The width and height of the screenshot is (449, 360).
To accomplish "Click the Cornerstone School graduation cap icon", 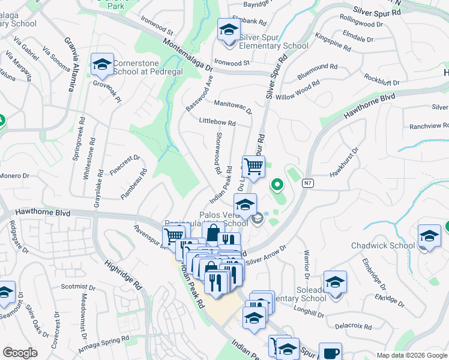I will pos(102,65).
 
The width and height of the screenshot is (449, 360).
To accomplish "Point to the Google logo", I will pos(20,353).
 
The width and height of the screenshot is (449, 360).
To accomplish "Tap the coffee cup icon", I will pos(330,353).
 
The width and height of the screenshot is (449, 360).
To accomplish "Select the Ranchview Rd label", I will pos(429,126).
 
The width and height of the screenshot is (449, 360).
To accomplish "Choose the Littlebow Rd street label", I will pos(217,122).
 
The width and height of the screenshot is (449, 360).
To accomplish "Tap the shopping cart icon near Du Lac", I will pos(253,167).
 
